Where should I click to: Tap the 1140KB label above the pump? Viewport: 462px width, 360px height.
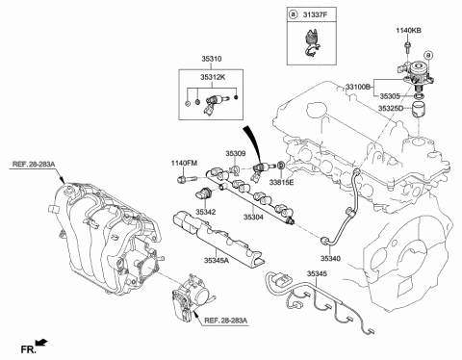click(x=410, y=31)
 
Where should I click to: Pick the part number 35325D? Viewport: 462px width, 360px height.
click(x=390, y=110)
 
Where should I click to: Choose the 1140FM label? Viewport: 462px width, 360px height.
click(x=185, y=163)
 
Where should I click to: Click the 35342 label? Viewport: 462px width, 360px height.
click(x=206, y=210)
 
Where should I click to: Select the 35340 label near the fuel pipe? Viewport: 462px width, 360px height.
click(x=330, y=258)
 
